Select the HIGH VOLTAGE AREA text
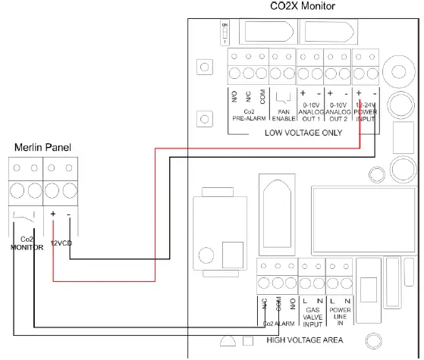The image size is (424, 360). tap(306, 339)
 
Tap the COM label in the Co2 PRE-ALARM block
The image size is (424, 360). tap(262, 97)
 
